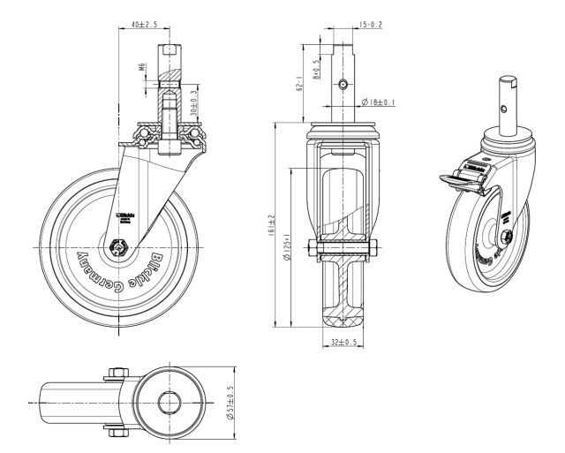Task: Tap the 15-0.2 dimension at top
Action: [x=371, y=26]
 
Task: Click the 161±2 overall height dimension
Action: [x=275, y=225]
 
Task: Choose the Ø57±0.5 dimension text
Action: [x=230, y=403]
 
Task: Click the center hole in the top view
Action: [x=168, y=403]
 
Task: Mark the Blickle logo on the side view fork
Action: [x=124, y=216]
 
